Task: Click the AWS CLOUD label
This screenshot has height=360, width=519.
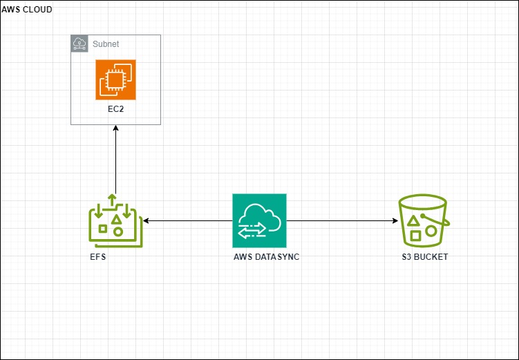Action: point(26,10)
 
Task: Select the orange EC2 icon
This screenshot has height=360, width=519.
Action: point(115,79)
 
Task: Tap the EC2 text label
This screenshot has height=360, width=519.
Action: point(115,110)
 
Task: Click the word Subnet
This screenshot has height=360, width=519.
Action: point(106,44)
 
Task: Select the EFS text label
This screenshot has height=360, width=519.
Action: point(97,256)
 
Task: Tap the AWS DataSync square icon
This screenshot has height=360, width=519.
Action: point(259,220)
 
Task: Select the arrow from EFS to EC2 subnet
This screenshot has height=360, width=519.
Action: point(115,162)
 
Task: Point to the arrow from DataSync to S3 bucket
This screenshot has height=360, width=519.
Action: point(342,221)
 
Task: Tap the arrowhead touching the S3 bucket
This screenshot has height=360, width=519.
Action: point(395,221)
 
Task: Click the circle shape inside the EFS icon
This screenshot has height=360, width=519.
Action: point(118,231)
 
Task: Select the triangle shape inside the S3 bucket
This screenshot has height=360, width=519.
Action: point(413,220)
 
